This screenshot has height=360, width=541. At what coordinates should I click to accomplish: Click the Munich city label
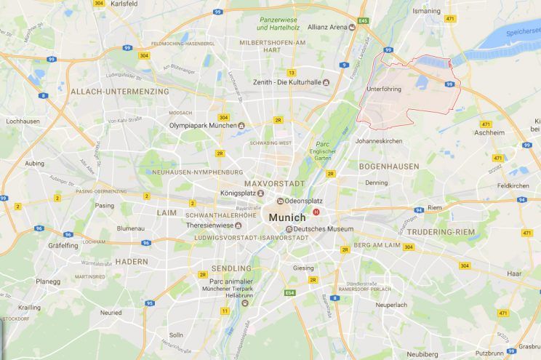(289, 217)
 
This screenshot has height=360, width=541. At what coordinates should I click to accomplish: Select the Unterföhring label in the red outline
(385, 89)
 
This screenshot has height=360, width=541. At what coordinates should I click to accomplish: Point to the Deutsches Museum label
(318, 230)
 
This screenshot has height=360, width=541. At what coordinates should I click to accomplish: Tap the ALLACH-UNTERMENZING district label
(119, 92)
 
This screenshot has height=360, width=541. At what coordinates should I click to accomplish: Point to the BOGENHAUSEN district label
(389, 167)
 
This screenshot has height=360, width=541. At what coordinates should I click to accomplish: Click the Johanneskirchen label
(378, 140)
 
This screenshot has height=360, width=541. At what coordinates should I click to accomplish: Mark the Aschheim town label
(489, 133)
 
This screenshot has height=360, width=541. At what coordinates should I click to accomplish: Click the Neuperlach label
(391, 305)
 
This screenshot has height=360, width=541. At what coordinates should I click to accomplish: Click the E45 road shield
(363, 21)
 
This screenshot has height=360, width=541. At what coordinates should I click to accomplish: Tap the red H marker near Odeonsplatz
(316, 212)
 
